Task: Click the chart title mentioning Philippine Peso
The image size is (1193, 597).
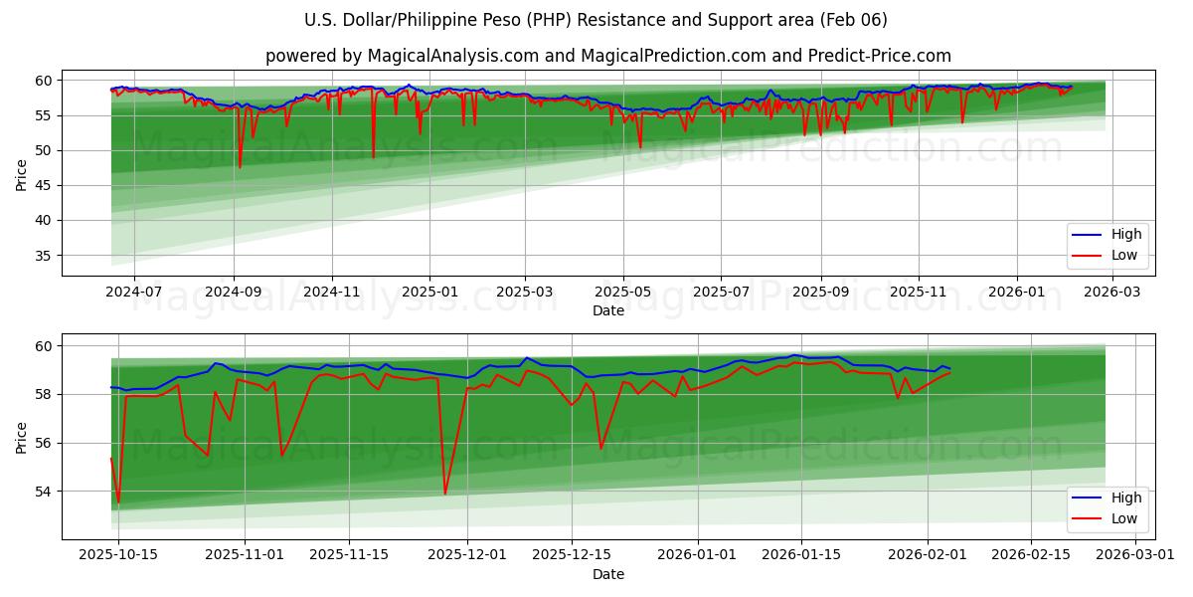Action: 596,20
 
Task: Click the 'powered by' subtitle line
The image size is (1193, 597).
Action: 607,56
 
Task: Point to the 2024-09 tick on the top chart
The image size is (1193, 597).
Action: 234,291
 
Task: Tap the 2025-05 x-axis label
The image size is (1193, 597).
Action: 623,291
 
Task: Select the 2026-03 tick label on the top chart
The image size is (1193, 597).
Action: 1111,291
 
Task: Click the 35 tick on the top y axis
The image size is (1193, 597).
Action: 44,256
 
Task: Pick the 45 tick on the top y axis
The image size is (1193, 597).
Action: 44,186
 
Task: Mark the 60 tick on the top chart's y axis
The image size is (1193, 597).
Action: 44,81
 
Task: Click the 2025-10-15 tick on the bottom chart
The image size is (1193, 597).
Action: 118,554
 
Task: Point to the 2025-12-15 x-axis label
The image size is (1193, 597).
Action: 571,554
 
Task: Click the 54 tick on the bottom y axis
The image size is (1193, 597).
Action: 44,492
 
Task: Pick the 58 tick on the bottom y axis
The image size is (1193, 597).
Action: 44,395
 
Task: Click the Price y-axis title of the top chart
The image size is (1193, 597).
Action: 22,173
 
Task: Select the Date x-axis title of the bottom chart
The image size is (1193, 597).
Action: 607,574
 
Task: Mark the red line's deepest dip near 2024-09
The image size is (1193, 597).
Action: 240,166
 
